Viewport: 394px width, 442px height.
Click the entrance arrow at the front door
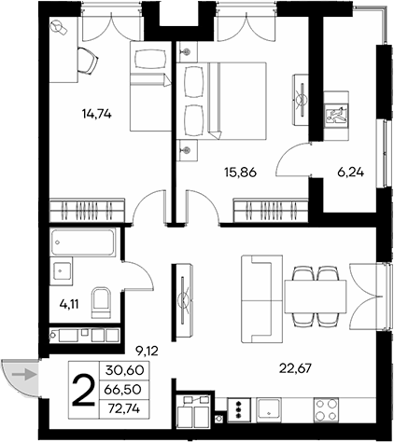29,376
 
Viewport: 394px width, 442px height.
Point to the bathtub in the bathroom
82,243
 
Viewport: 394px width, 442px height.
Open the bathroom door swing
133,275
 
